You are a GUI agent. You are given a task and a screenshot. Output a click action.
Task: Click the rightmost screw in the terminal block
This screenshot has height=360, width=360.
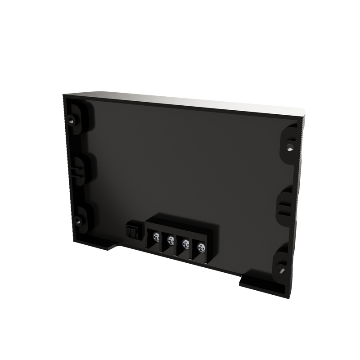[200, 247]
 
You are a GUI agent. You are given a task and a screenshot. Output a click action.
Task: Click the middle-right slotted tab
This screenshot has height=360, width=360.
[284, 207]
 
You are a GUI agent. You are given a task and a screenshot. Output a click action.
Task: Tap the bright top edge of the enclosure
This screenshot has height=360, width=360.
[189, 101]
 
